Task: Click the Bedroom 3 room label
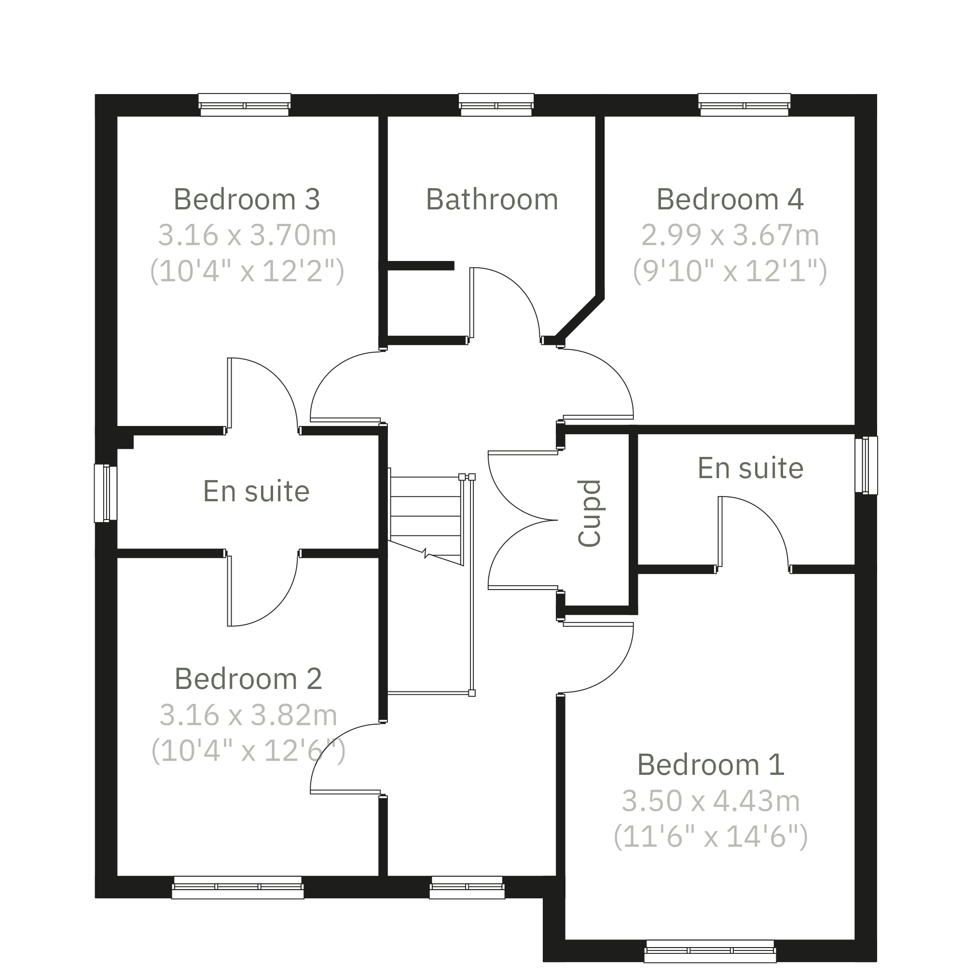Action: pos(247,199)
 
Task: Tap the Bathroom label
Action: pos(492,199)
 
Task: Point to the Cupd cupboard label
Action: pos(590,513)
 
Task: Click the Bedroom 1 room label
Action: pos(711,765)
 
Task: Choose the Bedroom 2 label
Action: pos(248,679)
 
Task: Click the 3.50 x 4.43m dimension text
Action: pos(711,801)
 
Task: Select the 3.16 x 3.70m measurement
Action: pos(247,235)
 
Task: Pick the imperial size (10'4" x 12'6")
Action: pos(248,751)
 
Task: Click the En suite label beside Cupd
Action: pos(750,468)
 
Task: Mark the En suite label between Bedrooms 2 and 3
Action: pos(256,492)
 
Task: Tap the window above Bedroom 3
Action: pos(245,105)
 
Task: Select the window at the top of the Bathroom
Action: pos(496,105)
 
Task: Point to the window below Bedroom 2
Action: pos(238,887)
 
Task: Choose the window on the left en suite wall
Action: pos(106,493)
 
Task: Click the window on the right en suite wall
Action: pos(866,465)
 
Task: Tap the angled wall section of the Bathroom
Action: pos(579,318)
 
